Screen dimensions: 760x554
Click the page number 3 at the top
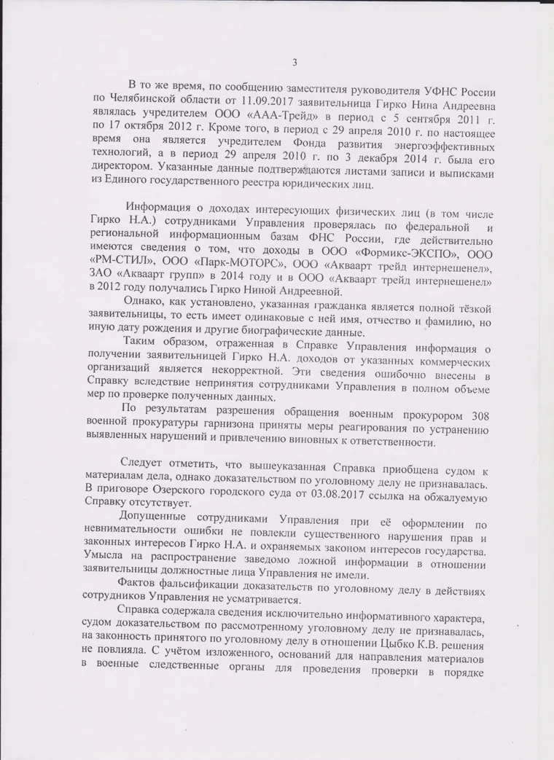294,61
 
